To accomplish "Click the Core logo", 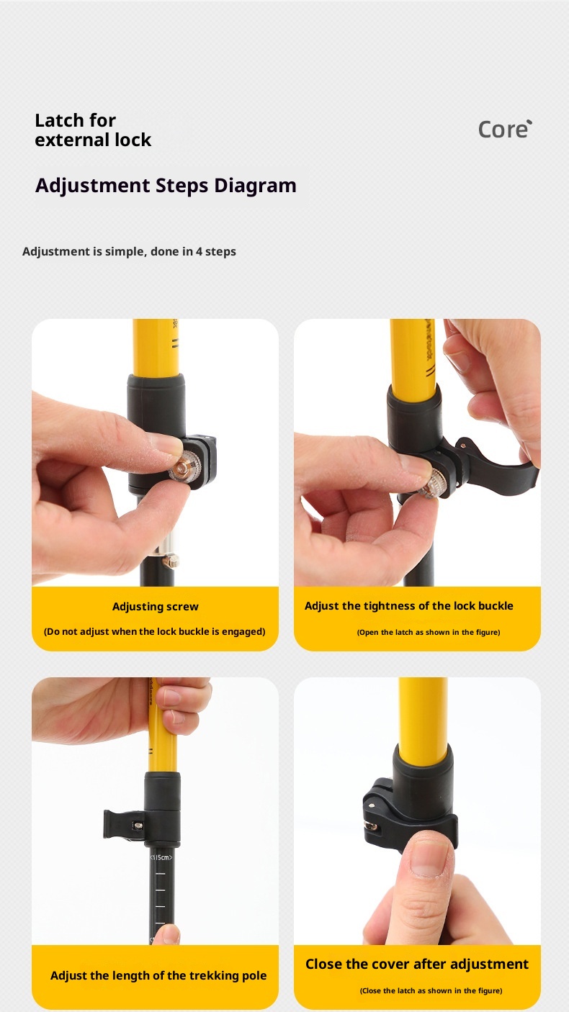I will tap(504, 129).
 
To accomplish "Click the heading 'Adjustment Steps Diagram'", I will tap(166, 186).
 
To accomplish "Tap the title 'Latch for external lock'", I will tap(93, 130).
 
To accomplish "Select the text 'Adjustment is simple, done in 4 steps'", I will tap(129, 251).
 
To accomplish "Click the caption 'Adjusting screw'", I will tap(155, 607).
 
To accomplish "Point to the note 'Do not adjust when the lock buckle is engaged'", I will tap(154, 631).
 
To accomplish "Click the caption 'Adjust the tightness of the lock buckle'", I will tap(408, 606).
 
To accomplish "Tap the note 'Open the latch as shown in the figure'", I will tap(428, 632).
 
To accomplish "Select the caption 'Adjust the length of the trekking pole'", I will tap(158, 976).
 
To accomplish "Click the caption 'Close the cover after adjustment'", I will tap(416, 964).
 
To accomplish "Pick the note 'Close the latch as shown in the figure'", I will tap(431, 990).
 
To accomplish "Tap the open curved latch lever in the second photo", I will tap(504, 471).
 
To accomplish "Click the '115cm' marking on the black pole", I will tap(161, 857).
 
